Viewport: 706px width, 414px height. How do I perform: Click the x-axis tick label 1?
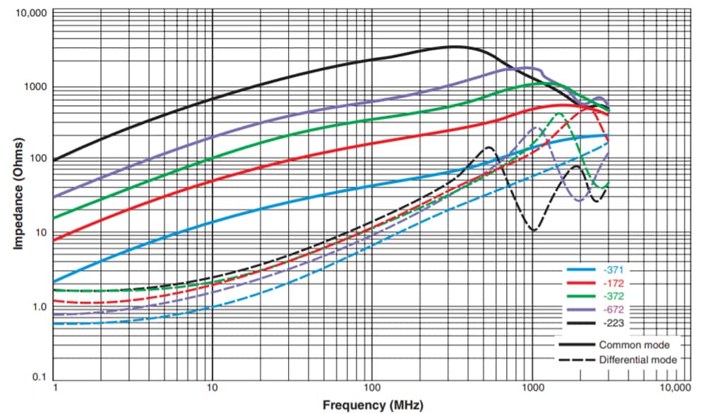click(x=54, y=389)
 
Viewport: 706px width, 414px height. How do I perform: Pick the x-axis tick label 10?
click(x=212, y=389)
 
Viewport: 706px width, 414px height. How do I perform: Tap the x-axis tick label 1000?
click(x=532, y=389)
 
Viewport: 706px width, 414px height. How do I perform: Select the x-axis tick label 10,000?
click(x=676, y=389)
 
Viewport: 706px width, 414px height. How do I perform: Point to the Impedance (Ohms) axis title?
click(x=19, y=192)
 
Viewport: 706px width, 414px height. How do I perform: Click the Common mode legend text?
click(x=634, y=345)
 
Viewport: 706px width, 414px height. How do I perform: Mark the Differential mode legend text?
click(x=638, y=360)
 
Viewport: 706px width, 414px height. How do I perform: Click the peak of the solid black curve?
click(x=452, y=47)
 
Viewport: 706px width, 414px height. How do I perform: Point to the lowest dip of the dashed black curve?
click(x=534, y=230)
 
